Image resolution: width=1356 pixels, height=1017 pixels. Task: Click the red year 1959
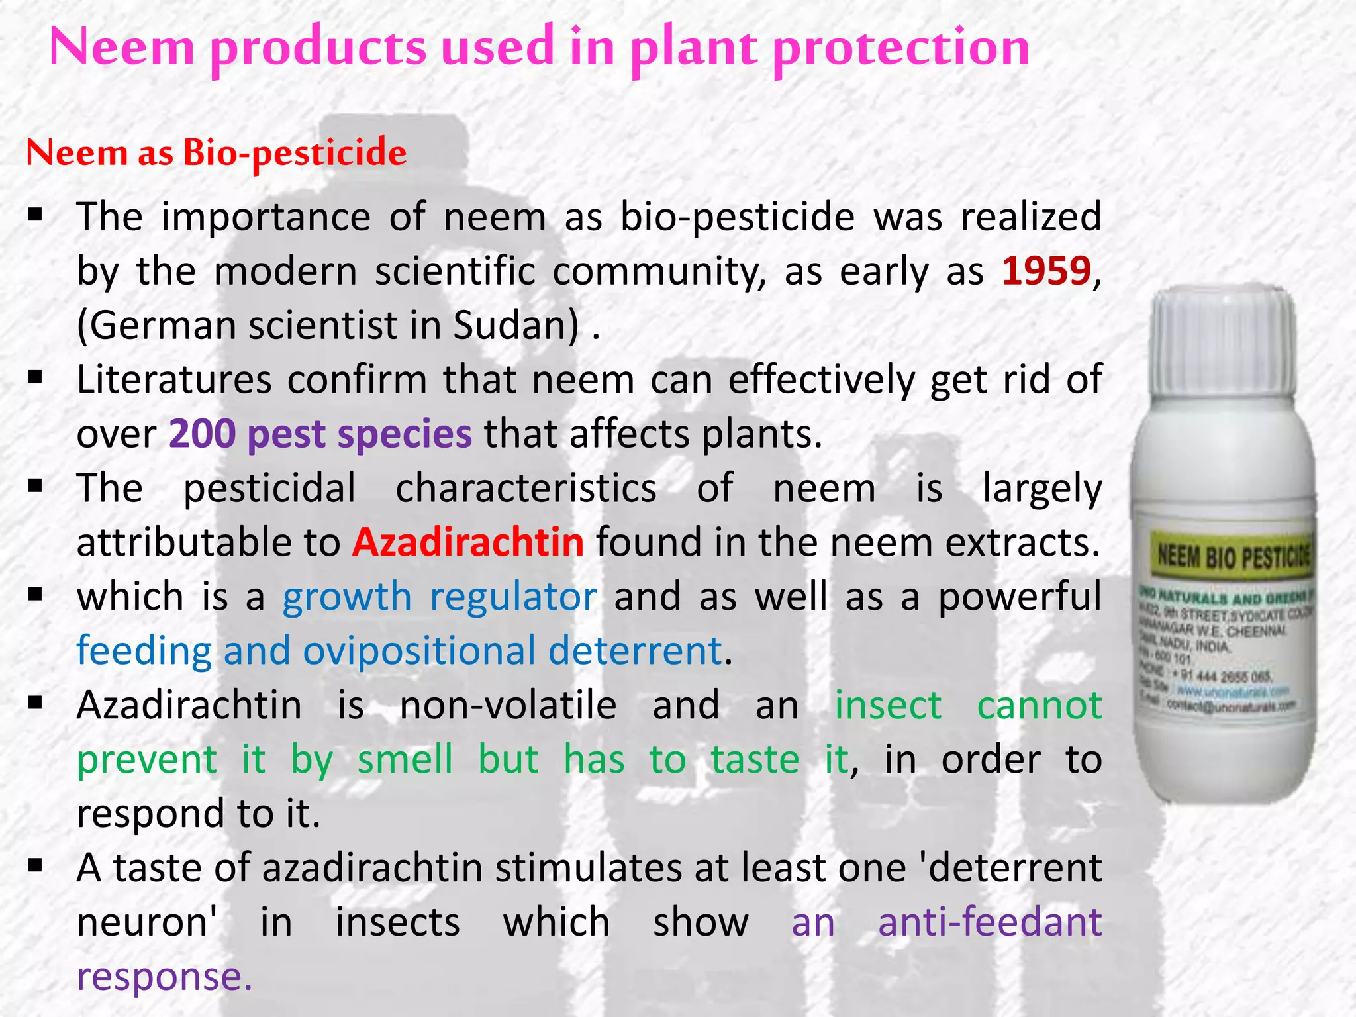(1046, 271)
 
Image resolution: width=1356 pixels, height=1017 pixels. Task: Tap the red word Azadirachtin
(467, 542)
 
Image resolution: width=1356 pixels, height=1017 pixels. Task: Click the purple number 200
(202, 434)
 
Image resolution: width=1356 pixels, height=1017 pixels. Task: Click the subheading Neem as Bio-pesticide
(216, 153)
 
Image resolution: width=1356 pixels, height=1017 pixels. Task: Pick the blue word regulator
(513, 597)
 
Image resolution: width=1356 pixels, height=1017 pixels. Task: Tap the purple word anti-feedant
(989, 922)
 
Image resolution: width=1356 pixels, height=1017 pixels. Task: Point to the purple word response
(164, 977)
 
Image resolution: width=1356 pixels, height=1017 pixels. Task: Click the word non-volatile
(508, 705)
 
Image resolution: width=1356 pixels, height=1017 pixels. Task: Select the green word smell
(405, 759)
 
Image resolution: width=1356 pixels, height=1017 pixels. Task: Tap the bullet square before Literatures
(36, 378)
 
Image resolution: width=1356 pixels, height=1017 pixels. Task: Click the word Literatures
(174, 380)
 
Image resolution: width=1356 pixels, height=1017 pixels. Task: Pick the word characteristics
(526, 489)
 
